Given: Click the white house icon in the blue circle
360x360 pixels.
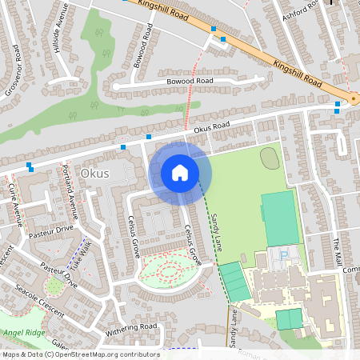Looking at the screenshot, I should pyautogui.click(x=180, y=172).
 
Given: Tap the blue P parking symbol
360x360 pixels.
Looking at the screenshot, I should pyautogui.click(x=283, y=254).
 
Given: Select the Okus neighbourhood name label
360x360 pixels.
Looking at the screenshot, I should pyautogui.click(x=94, y=173).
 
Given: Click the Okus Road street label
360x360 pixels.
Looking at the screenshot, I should pyautogui.click(x=210, y=126).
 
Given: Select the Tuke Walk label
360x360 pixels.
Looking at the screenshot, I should pyautogui.click(x=81, y=257).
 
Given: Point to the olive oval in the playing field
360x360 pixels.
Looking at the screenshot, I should pyautogui.click(x=270, y=158).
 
